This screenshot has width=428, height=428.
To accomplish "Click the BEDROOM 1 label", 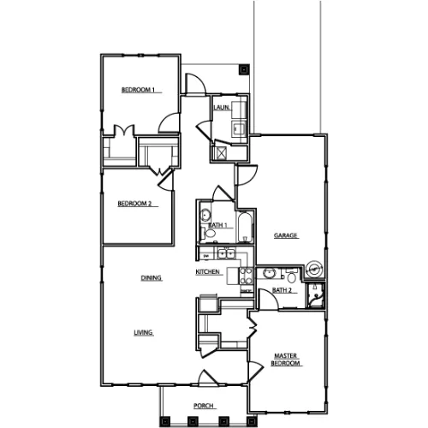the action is [x=138, y=90].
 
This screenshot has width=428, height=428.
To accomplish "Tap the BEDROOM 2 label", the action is [x=134, y=204].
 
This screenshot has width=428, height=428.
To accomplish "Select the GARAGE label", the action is [x=286, y=235].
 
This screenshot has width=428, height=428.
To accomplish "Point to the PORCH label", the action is [x=204, y=406].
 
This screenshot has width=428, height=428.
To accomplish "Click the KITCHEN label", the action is [x=207, y=272].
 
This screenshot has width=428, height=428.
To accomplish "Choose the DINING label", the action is [x=152, y=277].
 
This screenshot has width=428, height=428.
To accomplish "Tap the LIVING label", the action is [x=143, y=332].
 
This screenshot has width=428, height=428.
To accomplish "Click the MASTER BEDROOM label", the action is [x=285, y=360].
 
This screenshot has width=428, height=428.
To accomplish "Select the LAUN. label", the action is [x=222, y=107].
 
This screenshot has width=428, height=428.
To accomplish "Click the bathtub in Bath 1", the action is [x=245, y=227].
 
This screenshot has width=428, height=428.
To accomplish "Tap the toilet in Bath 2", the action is [x=291, y=276].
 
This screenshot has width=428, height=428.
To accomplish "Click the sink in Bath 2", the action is [x=269, y=273].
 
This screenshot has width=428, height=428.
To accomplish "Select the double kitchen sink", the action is [x=226, y=253].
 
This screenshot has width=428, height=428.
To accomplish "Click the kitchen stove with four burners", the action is [x=247, y=276].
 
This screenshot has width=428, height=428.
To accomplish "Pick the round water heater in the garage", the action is [x=315, y=268].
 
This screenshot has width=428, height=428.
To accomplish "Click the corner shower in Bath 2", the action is [x=315, y=295].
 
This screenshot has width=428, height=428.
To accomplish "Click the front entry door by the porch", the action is [x=208, y=377].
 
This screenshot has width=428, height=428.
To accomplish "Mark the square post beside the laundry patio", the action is [x=244, y=69].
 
